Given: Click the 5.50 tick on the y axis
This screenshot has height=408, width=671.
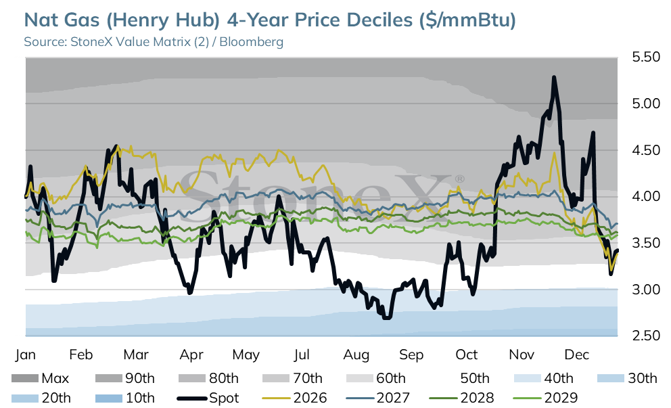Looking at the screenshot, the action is pos(646,57).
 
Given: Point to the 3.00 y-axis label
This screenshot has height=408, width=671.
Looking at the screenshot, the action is pos(646,290).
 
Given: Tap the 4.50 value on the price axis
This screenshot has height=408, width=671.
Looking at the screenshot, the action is pos(646,150).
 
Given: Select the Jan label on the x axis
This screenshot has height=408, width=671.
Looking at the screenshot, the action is pos(25,355).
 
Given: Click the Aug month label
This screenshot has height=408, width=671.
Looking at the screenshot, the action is pos(356,355).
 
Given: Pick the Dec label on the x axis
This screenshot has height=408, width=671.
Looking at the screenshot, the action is pos(577,355).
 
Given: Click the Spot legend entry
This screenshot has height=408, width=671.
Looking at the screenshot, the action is pos(208,398).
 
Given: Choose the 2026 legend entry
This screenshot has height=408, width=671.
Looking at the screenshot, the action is pos(294,398).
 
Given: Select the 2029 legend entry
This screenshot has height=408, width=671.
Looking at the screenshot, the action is pos(545,398).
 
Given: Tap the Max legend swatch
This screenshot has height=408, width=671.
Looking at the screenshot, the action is pos(25,378).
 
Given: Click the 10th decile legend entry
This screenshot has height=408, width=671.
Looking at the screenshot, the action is pos(124,398).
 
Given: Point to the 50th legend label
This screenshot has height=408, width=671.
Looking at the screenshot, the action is pos(475,378).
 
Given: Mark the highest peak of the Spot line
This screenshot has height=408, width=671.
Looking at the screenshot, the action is pos(554,78).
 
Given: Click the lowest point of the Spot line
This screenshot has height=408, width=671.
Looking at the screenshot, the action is pos(386,317).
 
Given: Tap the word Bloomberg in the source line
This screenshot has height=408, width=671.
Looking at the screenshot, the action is pos(251,42).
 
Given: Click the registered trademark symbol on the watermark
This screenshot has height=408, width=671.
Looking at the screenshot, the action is pos(459,179).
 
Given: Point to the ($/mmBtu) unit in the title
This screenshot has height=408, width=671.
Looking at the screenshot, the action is pos(467,20).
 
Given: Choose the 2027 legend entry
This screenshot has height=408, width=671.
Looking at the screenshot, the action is pos(378,398).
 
